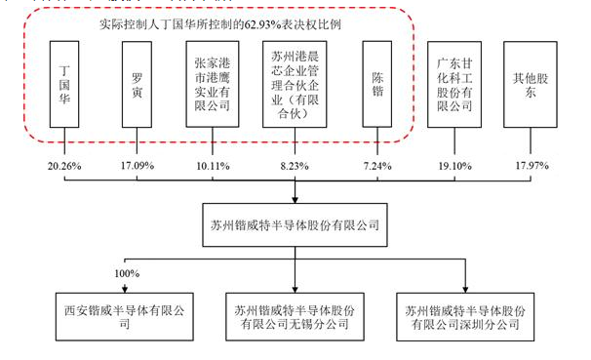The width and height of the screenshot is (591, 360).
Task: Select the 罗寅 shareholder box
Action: pos(139,85)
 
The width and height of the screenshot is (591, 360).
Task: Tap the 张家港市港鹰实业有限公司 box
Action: pos(215,85)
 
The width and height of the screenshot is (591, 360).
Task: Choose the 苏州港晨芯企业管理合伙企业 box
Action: pos(296,85)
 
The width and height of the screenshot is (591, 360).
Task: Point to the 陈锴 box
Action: pos(378,85)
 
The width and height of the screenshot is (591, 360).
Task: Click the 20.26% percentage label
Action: pos(63,166)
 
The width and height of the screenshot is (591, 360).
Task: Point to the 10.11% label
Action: pos(213,166)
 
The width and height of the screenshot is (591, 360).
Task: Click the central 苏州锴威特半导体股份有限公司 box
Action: pos(296,223)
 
